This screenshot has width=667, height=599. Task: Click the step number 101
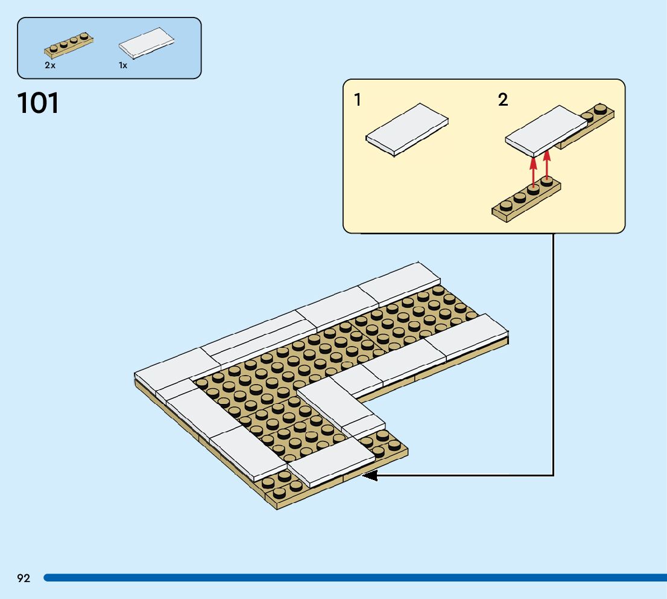tap(39, 103)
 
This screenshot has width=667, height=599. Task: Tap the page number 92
tap(24, 578)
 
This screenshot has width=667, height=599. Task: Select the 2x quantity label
tap(50, 66)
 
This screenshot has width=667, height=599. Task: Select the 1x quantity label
tap(123, 66)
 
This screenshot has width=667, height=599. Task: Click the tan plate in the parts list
tap(69, 44)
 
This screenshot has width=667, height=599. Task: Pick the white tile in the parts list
tap(146, 43)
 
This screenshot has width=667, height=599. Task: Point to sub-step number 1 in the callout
tap(358, 100)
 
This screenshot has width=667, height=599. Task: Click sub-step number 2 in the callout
tap(503, 100)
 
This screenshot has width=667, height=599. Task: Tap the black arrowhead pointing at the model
tap(369, 476)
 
